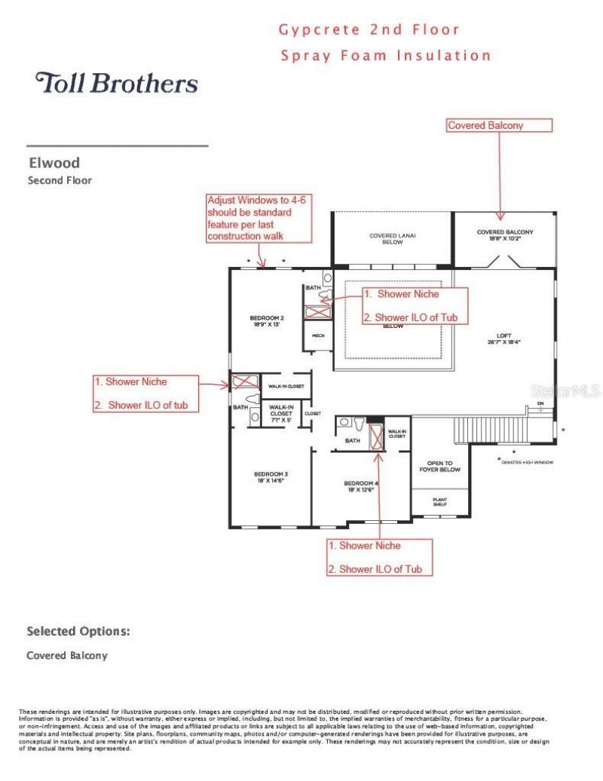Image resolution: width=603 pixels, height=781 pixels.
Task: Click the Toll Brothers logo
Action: point(117,82)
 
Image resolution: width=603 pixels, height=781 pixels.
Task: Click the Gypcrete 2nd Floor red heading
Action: point(369,30)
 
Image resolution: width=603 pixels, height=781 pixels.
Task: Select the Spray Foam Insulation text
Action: point(385,55)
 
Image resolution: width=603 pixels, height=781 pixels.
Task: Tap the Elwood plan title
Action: point(54,162)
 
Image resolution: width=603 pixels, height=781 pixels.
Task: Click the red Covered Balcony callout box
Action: point(500,125)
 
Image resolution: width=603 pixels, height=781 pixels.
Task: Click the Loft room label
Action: point(504,338)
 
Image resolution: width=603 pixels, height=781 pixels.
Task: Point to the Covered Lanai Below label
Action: point(392,239)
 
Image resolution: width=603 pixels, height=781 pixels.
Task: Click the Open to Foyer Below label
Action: point(440,467)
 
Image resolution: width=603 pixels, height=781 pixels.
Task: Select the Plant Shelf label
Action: point(440,501)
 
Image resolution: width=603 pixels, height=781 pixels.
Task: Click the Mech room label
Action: point(318,335)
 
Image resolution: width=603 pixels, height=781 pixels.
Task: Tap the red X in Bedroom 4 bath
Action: point(377,436)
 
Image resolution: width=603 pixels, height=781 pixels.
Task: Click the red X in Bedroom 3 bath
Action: point(243,381)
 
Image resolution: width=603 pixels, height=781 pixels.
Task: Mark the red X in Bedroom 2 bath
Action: point(317,311)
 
